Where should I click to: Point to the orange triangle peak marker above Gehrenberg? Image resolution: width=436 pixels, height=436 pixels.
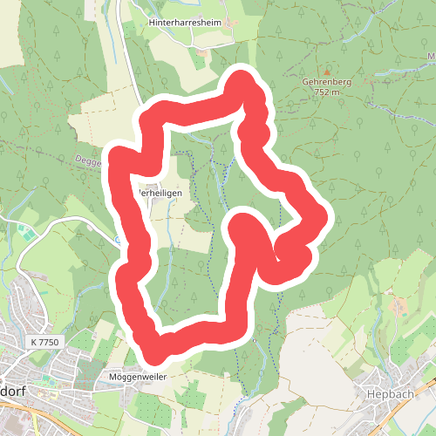327,71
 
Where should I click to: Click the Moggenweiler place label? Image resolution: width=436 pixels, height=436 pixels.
137,377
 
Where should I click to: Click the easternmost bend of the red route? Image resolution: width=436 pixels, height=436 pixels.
317,214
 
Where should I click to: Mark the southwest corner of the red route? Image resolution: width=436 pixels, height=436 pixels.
145,337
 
